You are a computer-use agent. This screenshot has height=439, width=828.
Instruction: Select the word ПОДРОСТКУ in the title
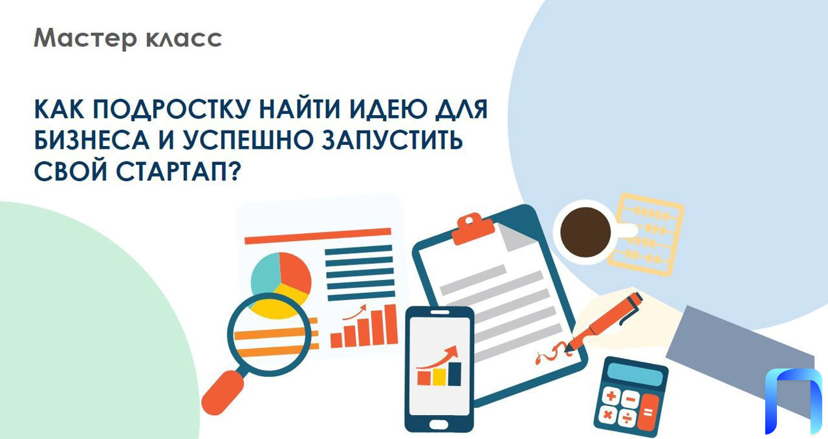171,110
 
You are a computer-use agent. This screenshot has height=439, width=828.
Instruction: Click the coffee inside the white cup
585,232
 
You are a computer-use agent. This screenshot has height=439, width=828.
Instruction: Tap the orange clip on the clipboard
473,229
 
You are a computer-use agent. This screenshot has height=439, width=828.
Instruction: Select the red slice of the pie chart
294,272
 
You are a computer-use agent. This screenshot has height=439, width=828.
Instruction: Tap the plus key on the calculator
611,396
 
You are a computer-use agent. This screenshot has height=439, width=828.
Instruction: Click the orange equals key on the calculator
648,412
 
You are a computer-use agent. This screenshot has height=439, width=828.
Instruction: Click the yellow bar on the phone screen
439,377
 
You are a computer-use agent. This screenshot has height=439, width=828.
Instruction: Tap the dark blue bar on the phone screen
455,374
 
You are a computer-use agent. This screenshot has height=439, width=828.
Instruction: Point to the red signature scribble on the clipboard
553,352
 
